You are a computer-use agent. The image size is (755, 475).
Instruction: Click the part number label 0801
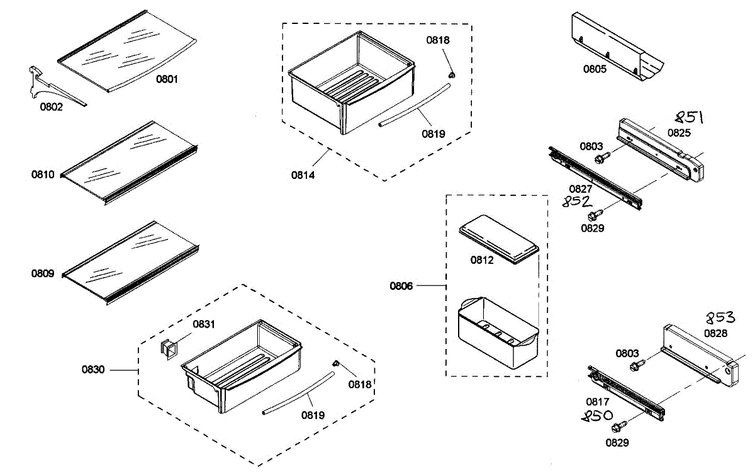[167, 79]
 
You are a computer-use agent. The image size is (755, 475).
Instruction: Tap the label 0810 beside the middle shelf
[43, 174]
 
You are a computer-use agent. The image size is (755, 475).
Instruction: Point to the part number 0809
[43, 274]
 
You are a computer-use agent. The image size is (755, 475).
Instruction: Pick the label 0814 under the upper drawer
[303, 175]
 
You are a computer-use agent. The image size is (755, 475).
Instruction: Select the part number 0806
[401, 286]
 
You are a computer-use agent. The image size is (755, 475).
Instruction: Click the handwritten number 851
[688, 118]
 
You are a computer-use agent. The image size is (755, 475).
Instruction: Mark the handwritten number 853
[719, 318]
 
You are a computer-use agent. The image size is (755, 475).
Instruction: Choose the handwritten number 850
[597, 416]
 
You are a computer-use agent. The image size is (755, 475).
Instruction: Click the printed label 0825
[679, 133]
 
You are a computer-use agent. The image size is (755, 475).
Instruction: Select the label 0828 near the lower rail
[715, 333]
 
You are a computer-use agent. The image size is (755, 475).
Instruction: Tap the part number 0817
[597, 402]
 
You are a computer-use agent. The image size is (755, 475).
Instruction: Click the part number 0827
[580, 188]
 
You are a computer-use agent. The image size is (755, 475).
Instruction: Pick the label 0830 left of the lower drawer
[93, 370]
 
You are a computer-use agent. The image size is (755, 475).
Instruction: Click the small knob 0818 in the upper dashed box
[451, 75]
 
